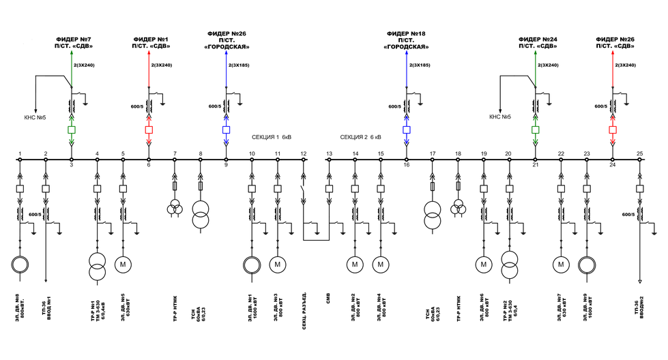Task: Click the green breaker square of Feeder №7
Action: click(x=72, y=129)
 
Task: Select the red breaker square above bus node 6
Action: click(x=149, y=129)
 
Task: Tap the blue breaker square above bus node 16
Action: click(x=407, y=129)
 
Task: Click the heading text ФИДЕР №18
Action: click(x=406, y=33)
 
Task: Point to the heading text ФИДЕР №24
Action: click(x=538, y=40)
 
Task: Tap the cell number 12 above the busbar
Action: click(x=303, y=153)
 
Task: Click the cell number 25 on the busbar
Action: click(x=639, y=153)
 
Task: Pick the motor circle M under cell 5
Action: click(x=123, y=264)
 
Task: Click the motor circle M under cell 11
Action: click(x=278, y=264)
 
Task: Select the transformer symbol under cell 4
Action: click(x=97, y=267)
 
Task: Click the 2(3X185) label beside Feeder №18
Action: click(x=420, y=65)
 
